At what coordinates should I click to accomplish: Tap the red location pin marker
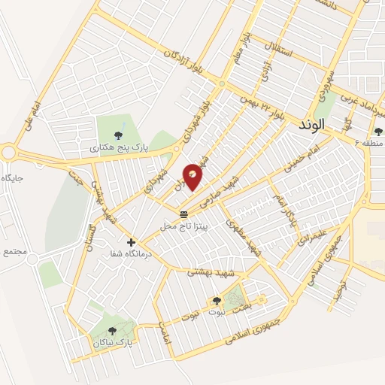click(192, 177)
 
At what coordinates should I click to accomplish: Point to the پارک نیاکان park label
click(113, 342)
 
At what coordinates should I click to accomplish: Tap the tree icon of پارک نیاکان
click(113, 330)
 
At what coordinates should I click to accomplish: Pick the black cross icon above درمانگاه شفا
click(132, 242)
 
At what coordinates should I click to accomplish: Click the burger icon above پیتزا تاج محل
click(185, 214)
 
